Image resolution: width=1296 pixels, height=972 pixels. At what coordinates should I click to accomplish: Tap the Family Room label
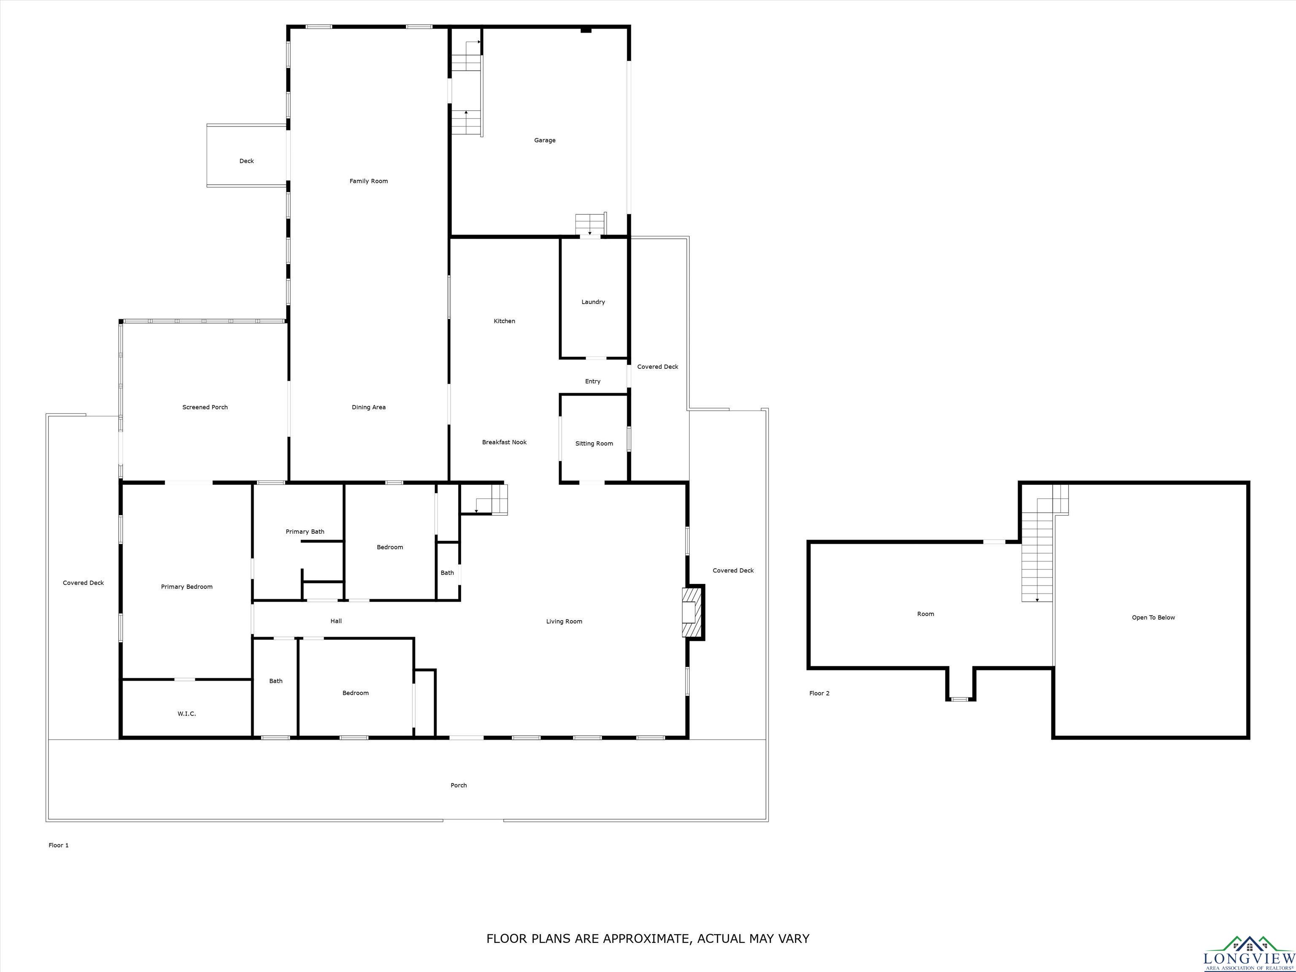(x=369, y=181)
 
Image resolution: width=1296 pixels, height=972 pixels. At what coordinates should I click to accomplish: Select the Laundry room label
(x=593, y=302)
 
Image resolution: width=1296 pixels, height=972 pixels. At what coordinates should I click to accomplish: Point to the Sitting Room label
(x=594, y=443)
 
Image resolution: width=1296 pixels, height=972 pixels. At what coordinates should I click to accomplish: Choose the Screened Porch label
(x=205, y=407)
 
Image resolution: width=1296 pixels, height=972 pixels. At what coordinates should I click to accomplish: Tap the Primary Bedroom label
(x=187, y=586)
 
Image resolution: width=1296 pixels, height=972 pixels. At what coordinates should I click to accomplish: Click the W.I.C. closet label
(x=187, y=714)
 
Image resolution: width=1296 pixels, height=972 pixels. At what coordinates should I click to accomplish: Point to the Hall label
(x=336, y=621)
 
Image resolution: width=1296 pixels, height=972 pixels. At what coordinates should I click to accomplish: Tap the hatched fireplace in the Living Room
(x=691, y=612)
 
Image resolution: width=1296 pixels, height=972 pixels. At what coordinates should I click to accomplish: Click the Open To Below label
(x=1153, y=618)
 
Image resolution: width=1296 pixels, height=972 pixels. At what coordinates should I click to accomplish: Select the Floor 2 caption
(x=819, y=693)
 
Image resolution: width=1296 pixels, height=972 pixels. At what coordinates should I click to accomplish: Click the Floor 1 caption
(x=59, y=845)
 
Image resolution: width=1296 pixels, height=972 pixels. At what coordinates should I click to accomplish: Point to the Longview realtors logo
(x=1249, y=953)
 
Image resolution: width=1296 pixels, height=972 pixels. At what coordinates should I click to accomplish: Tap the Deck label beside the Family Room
(x=247, y=161)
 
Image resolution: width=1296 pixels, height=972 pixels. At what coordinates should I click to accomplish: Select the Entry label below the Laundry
(x=593, y=381)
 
